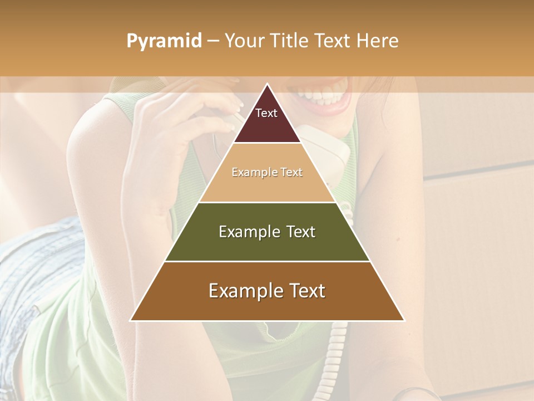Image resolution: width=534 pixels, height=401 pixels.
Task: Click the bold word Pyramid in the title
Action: (x=164, y=41)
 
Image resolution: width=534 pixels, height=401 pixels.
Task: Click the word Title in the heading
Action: (x=290, y=41)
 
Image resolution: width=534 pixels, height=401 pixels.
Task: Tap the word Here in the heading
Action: (x=377, y=41)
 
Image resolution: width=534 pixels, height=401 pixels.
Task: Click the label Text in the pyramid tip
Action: (x=266, y=113)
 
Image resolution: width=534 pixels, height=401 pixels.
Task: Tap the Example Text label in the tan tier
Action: (x=267, y=172)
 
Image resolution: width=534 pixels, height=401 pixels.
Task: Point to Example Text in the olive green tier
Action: (x=267, y=232)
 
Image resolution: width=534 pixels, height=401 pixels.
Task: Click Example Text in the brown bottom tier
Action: (x=267, y=291)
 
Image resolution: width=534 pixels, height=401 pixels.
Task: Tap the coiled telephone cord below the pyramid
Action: (x=337, y=351)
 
